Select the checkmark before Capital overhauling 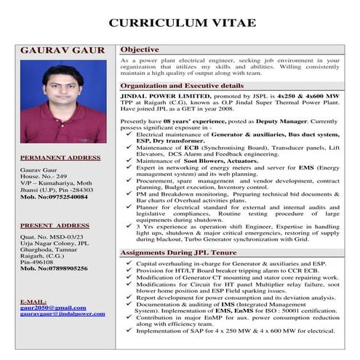click(x=129, y=262)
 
